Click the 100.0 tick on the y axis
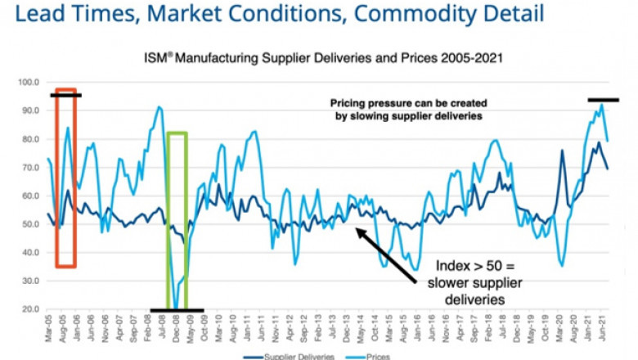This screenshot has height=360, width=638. pos(29,82)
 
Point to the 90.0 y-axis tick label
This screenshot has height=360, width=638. pos(31,110)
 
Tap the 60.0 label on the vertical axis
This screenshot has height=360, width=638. pos(31,196)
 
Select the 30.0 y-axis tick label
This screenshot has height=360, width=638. pos(31,281)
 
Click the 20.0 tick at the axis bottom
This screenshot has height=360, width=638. pos(31,309)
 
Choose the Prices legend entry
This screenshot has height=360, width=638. pos(377,356)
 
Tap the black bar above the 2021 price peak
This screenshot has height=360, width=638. pos(603,100)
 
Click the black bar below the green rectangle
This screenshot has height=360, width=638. pos(176,310)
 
